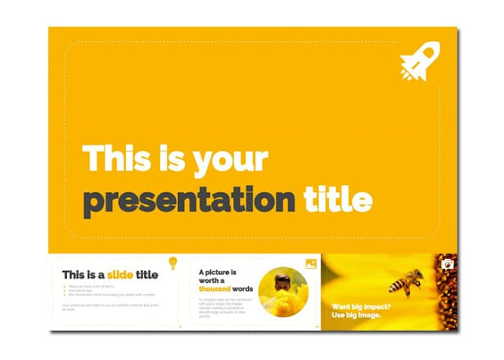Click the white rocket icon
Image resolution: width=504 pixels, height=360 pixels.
(x=419, y=61)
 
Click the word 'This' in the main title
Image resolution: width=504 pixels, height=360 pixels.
(x=115, y=158)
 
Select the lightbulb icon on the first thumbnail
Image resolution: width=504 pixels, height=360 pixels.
(x=172, y=262)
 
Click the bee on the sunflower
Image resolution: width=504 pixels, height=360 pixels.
(x=406, y=282)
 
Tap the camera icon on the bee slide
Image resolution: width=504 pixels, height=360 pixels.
(x=447, y=264)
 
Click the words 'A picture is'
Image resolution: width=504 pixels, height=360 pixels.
(x=217, y=272)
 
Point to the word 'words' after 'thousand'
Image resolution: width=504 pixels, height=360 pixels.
(x=243, y=289)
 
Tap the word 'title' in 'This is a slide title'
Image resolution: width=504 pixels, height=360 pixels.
(x=146, y=275)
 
